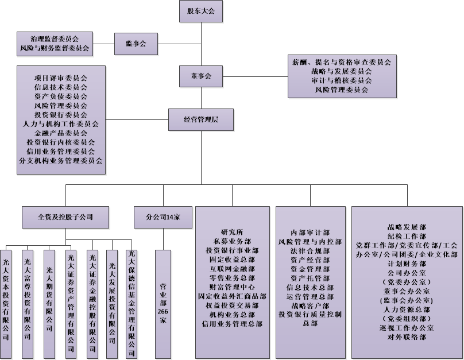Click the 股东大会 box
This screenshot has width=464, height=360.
(200, 11)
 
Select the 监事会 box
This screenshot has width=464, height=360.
(135, 44)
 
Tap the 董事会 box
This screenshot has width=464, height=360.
(200, 76)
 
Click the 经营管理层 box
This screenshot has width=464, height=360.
(200, 119)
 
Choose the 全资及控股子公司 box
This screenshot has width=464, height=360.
(65, 218)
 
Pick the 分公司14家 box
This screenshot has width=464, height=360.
(163, 218)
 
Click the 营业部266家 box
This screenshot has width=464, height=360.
(163, 304)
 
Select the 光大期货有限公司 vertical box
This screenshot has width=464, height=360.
(49, 304)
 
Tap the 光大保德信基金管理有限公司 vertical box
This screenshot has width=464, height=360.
(132, 304)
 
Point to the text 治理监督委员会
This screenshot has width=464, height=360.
(55, 39)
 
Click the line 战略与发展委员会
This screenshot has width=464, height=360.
(342, 71)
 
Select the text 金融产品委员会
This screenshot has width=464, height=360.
(61, 133)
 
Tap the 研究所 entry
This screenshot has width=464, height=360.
(232, 232)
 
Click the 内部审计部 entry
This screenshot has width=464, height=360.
(310, 233)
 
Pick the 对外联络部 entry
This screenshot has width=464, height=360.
(407, 337)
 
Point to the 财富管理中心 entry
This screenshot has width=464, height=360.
(232, 287)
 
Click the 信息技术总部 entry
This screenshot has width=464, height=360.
(310, 287)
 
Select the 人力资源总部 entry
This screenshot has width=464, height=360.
(407, 309)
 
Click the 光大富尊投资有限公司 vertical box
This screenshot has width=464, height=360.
(28, 304)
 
